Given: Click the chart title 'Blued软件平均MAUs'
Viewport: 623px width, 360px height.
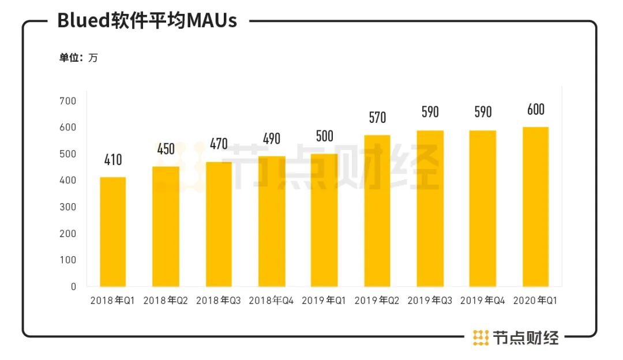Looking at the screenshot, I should tap(147, 21).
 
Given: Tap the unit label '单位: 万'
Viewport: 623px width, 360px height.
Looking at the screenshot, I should tap(78, 58).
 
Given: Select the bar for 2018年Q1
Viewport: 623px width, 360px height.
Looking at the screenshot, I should tap(112, 232).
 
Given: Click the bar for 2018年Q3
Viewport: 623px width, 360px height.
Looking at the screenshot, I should tap(219, 224).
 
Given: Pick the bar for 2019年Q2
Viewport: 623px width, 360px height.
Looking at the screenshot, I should tap(377, 211).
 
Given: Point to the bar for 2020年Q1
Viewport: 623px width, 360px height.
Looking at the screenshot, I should tap(535, 207).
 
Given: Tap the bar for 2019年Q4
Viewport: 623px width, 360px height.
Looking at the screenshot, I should tap(483, 208).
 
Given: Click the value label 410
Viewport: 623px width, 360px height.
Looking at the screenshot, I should tap(113, 160).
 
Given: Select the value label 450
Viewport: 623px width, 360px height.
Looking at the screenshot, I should tap(166, 149).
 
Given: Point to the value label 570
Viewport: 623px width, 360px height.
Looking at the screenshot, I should tap(377, 118).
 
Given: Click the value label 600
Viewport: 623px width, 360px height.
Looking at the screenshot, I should tap(535, 109).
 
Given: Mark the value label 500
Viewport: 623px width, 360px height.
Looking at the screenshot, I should tap(324, 136).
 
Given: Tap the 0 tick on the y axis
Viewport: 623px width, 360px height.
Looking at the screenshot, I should tap(73, 287).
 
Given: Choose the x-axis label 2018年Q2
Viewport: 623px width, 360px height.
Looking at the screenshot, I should tap(166, 301).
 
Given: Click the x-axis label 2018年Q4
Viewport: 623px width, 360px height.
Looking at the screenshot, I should tap(271, 301).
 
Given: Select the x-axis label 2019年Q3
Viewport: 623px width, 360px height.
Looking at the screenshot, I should tap(430, 301).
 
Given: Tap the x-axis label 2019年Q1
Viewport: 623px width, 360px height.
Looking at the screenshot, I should tap(324, 301).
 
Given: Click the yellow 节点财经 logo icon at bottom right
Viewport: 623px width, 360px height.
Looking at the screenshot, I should tap(481, 337).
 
